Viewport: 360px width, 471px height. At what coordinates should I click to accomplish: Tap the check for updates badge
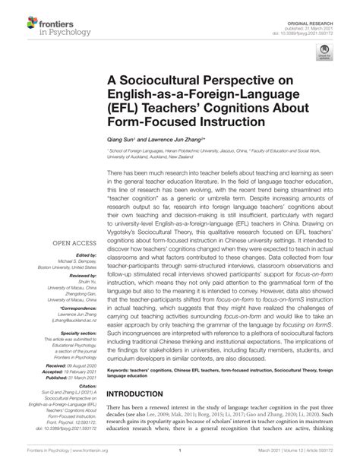(x=325, y=54)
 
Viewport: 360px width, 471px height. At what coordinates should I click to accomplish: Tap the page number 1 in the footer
(x=180, y=460)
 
